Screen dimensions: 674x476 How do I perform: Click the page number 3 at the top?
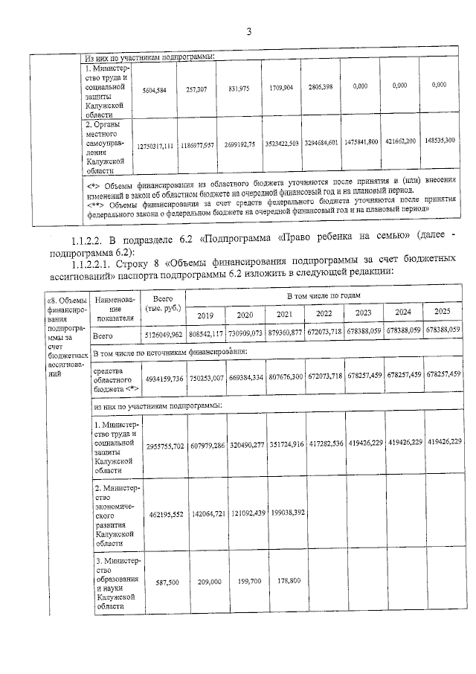(249, 32)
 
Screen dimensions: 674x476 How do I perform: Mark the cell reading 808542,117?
(206, 330)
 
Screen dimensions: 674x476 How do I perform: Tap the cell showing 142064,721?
(206, 513)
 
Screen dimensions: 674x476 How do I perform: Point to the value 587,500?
(162, 582)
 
